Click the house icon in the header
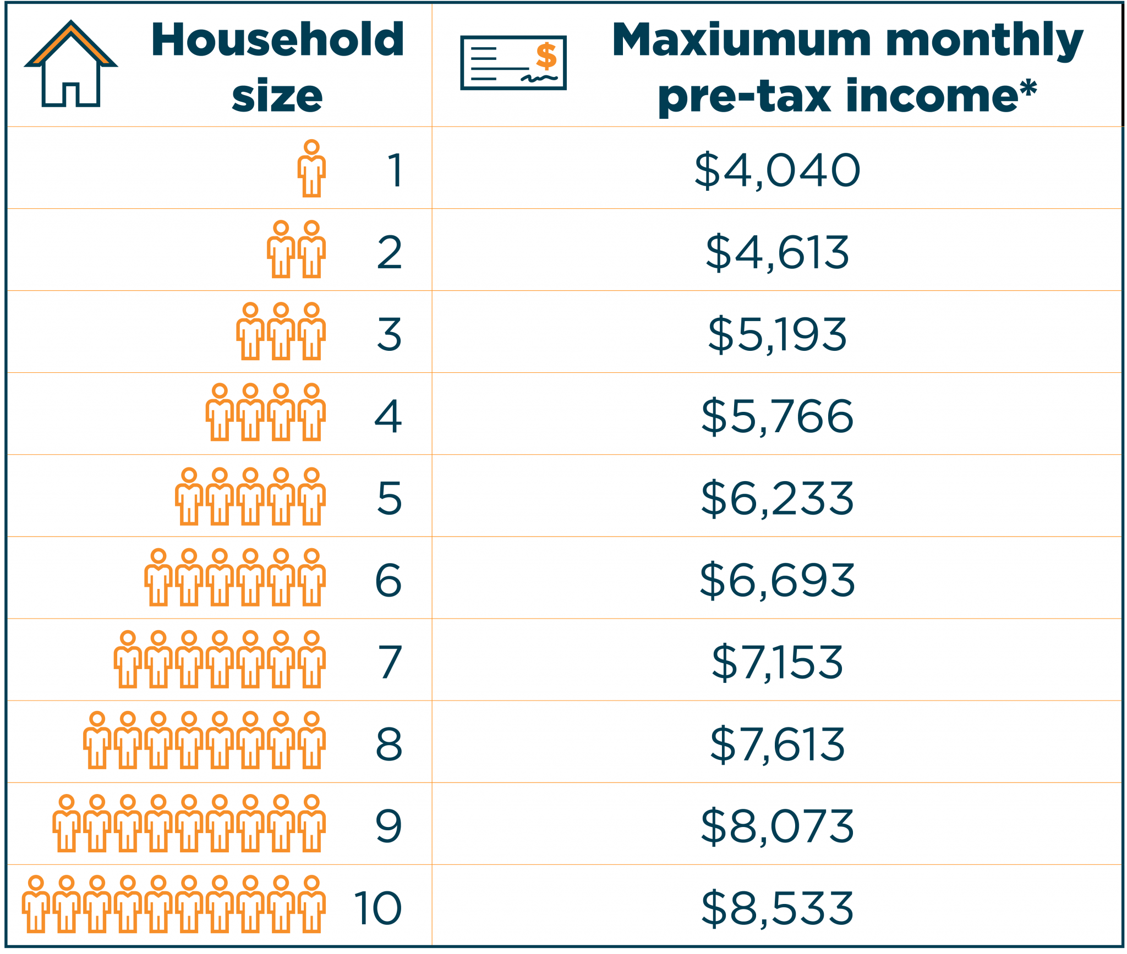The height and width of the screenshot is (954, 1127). (x=71, y=64)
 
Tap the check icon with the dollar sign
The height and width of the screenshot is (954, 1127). (x=513, y=63)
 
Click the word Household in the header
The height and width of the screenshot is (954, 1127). (x=278, y=40)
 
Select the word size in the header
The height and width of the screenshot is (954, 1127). (x=277, y=96)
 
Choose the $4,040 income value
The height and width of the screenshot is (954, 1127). (x=777, y=170)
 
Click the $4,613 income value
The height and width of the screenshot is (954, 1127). (x=777, y=252)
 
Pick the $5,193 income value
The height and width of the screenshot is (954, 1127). (x=777, y=334)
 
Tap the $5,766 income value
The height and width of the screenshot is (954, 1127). (x=777, y=416)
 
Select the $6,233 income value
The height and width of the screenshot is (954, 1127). (x=777, y=498)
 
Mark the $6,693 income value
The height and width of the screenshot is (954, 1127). (x=777, y=580)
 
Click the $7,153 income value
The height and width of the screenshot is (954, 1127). (x=777, y=662)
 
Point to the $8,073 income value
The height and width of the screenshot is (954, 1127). (x=777, y=826)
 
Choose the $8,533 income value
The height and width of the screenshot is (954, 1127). (x=777, y=908)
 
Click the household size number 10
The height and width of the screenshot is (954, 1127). (x=378, y=908)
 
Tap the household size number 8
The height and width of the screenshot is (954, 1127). (x=389, y=744)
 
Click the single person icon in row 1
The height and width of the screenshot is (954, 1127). (x=311, y=168)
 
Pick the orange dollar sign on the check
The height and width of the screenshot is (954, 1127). (x=546, y=56)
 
